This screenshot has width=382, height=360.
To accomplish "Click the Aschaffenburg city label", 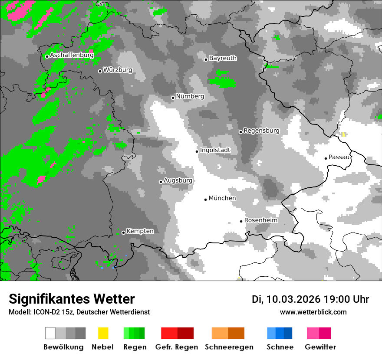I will (72, 56).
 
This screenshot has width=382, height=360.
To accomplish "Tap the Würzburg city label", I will (118, 70).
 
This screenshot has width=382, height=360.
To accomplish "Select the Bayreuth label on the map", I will (223, 58).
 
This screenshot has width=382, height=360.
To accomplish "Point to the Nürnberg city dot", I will (173, 98).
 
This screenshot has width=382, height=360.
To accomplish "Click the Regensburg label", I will (261, 131).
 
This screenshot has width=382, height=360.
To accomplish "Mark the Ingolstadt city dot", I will (197, 151).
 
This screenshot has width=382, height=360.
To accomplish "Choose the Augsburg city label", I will (178, 180).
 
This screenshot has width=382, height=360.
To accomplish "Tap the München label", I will (222, 198).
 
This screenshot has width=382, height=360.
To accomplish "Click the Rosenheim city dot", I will (241, 221).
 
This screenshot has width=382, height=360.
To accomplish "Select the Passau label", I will (339, 157).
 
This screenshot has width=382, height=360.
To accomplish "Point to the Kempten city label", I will (140, 231).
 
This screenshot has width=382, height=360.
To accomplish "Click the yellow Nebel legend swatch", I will (103, 333).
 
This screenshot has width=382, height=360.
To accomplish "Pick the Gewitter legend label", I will (320, 347).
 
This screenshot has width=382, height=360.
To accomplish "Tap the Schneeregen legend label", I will (229, 347).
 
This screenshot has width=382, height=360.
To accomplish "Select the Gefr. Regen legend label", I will (177, 347).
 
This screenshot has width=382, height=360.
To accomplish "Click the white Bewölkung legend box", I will (50, 333).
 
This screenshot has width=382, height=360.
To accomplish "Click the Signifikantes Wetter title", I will (72, 299).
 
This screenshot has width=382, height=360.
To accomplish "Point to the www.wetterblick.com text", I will (313, 312).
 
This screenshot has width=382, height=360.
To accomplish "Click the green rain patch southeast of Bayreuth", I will (222, 80).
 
